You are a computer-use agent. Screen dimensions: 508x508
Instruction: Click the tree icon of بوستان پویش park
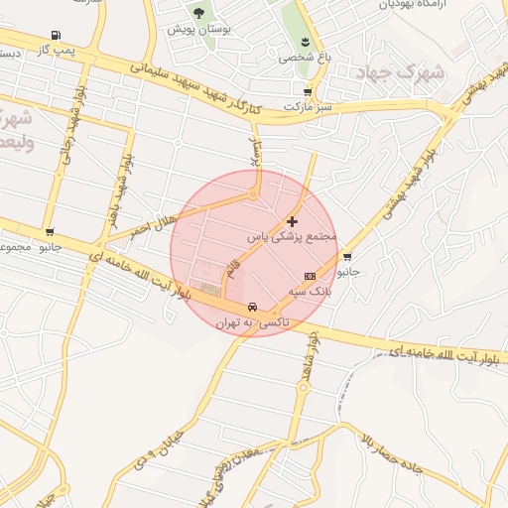[x=199, y=13]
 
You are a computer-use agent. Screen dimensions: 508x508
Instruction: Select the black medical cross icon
[x=292, y=221]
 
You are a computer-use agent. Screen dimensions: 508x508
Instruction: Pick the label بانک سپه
[x=310, y=292]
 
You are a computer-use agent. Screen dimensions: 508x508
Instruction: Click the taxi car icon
[x=253, y=307]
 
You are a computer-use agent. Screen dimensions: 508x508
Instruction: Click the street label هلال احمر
[x=152, y=220]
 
